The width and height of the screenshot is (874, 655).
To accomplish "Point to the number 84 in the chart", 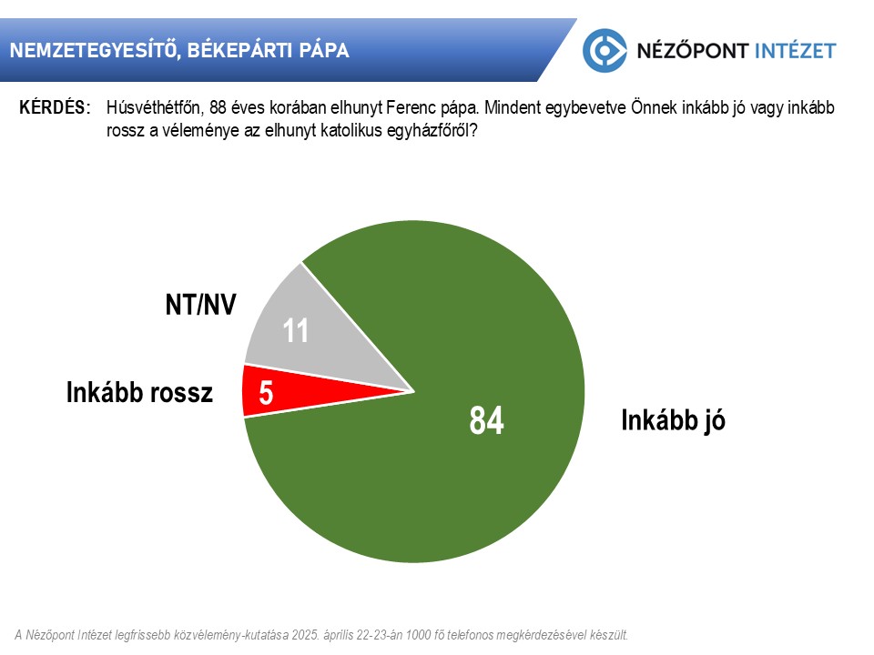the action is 486,420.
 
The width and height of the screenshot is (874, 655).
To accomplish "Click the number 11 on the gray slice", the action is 295,331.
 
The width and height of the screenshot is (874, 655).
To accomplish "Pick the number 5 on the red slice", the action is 266,393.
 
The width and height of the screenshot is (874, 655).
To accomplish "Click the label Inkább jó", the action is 674,420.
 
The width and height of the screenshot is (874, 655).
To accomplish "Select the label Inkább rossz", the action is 139,393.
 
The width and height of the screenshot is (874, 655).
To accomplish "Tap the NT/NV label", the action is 200,305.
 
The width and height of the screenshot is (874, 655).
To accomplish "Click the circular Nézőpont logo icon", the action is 605,51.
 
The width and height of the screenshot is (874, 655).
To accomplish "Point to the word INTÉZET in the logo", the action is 796,51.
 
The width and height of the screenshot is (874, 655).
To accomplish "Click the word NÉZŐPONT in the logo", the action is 693,51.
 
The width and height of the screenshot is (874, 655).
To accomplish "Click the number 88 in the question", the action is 218,107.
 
